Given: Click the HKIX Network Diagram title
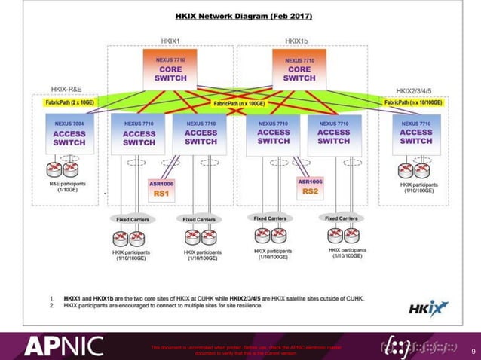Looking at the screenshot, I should pyautogui.click(x=244, y=15).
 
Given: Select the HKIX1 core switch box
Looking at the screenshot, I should pyautogui.click(x=170, y=69).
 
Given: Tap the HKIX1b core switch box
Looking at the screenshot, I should pyautogui.click(x=299, y=69).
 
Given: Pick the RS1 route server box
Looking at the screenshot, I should pyautogui.click(x=160, y=188).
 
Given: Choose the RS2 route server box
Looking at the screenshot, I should pyautogui.click(x=310, y=187).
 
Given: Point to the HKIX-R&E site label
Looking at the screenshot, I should pyautogui.click(x=66, y=89).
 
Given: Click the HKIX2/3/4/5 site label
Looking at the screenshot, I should pyautogui.click(x=419, y=89).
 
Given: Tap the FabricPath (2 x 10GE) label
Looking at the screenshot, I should pyautogui.click(x=70, y=102).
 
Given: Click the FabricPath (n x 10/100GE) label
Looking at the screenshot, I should pyautogui.click(x=414, y=102).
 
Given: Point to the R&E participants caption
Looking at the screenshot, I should pyautogui.click(x=68, y=186).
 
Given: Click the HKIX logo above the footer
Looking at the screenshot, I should pyautogui.click(x=429, y=307).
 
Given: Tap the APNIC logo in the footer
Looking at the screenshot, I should pyautogui.click(x=63, y=346).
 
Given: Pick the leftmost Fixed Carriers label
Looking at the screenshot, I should pyautogui.click(x=133, y=219).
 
